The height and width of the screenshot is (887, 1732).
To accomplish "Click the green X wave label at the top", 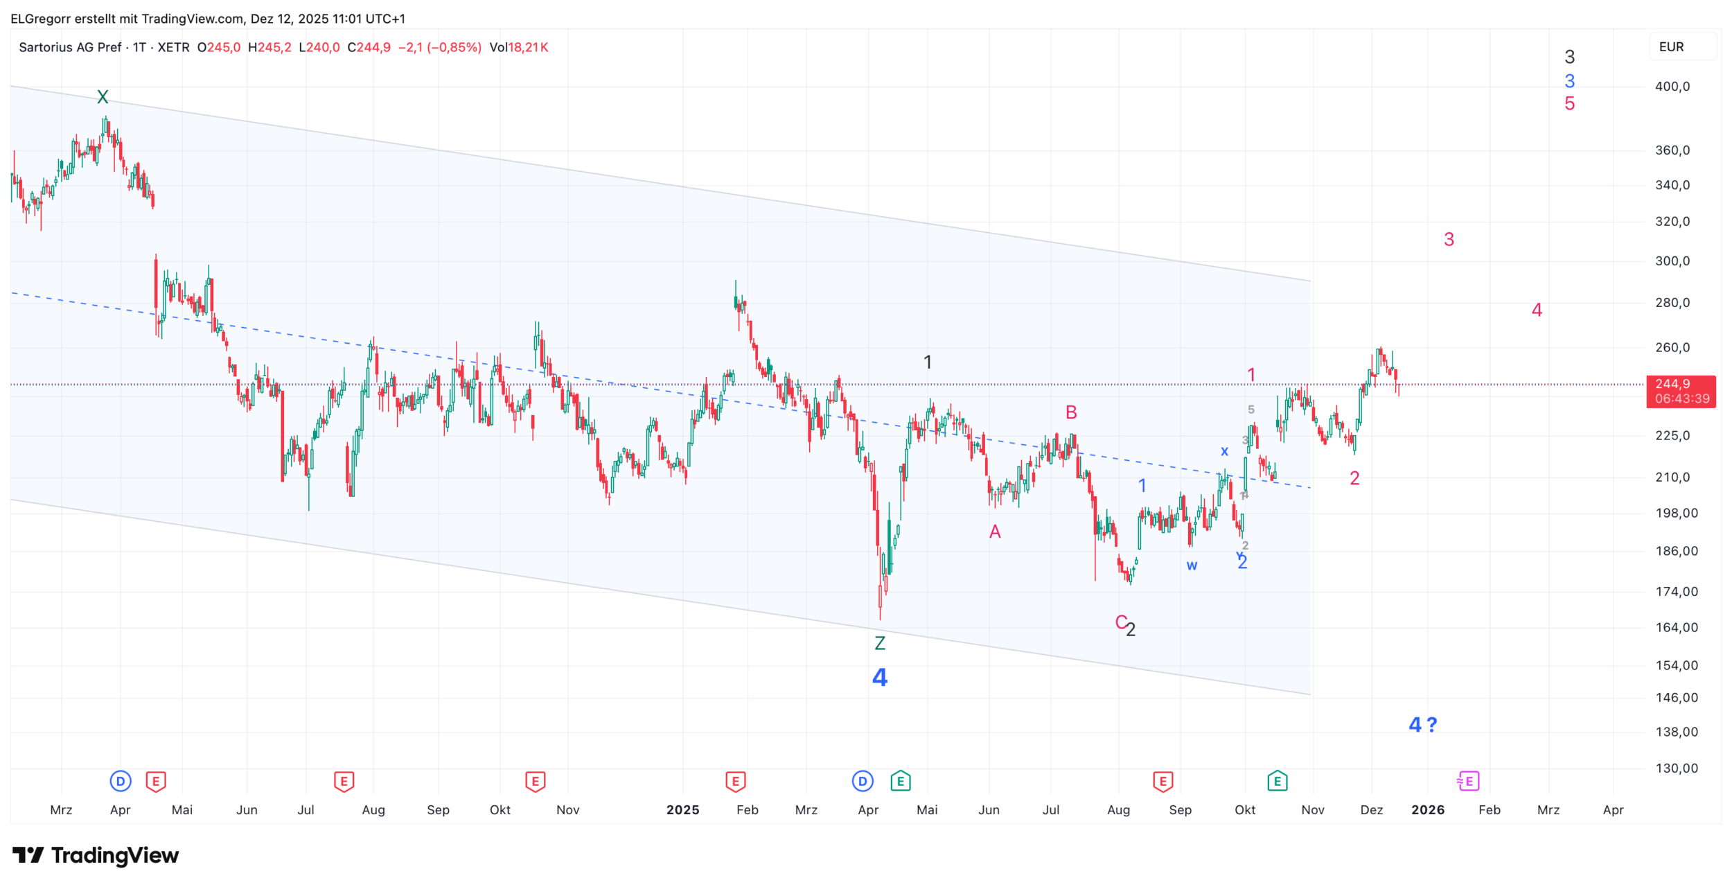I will pos(103,96).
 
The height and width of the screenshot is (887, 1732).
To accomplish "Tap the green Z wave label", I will pos(880,643).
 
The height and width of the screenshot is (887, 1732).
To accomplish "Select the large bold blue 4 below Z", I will pos(880,677).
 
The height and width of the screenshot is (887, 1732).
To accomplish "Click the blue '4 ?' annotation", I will pos(1423,725).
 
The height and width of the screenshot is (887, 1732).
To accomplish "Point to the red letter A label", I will pos(995,532).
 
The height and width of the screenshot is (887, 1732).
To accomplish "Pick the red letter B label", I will pos(1071,412).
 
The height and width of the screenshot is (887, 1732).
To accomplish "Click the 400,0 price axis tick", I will pos(1672,87).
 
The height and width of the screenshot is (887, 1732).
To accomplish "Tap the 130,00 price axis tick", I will pos(1677,768).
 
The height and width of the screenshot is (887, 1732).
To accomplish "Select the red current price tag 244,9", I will pos(1681,391).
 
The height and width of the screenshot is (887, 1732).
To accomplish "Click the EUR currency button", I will pos(1671,47).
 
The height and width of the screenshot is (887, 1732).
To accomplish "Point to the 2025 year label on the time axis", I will pos(682,809).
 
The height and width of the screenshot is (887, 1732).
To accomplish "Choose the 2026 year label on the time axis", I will pos(1428,809).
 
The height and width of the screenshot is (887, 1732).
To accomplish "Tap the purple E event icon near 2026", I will pos(1468,782).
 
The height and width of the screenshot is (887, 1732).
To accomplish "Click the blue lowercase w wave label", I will pos(1192,565).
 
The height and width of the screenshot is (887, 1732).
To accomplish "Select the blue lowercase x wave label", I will pos(1224,451).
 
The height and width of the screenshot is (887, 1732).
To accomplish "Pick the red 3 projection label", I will pos(1449,240).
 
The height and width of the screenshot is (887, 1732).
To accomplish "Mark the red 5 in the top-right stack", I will pos(1570,104).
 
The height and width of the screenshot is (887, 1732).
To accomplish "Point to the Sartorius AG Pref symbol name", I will pos(70,47).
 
